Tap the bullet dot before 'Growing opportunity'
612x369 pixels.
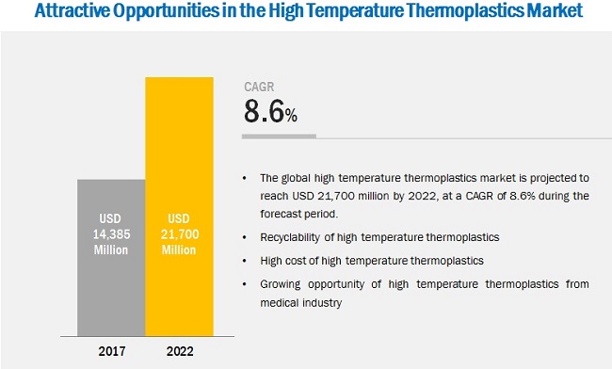click(x=246, y=284)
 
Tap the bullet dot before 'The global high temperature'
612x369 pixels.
click(x=246, y=177)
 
